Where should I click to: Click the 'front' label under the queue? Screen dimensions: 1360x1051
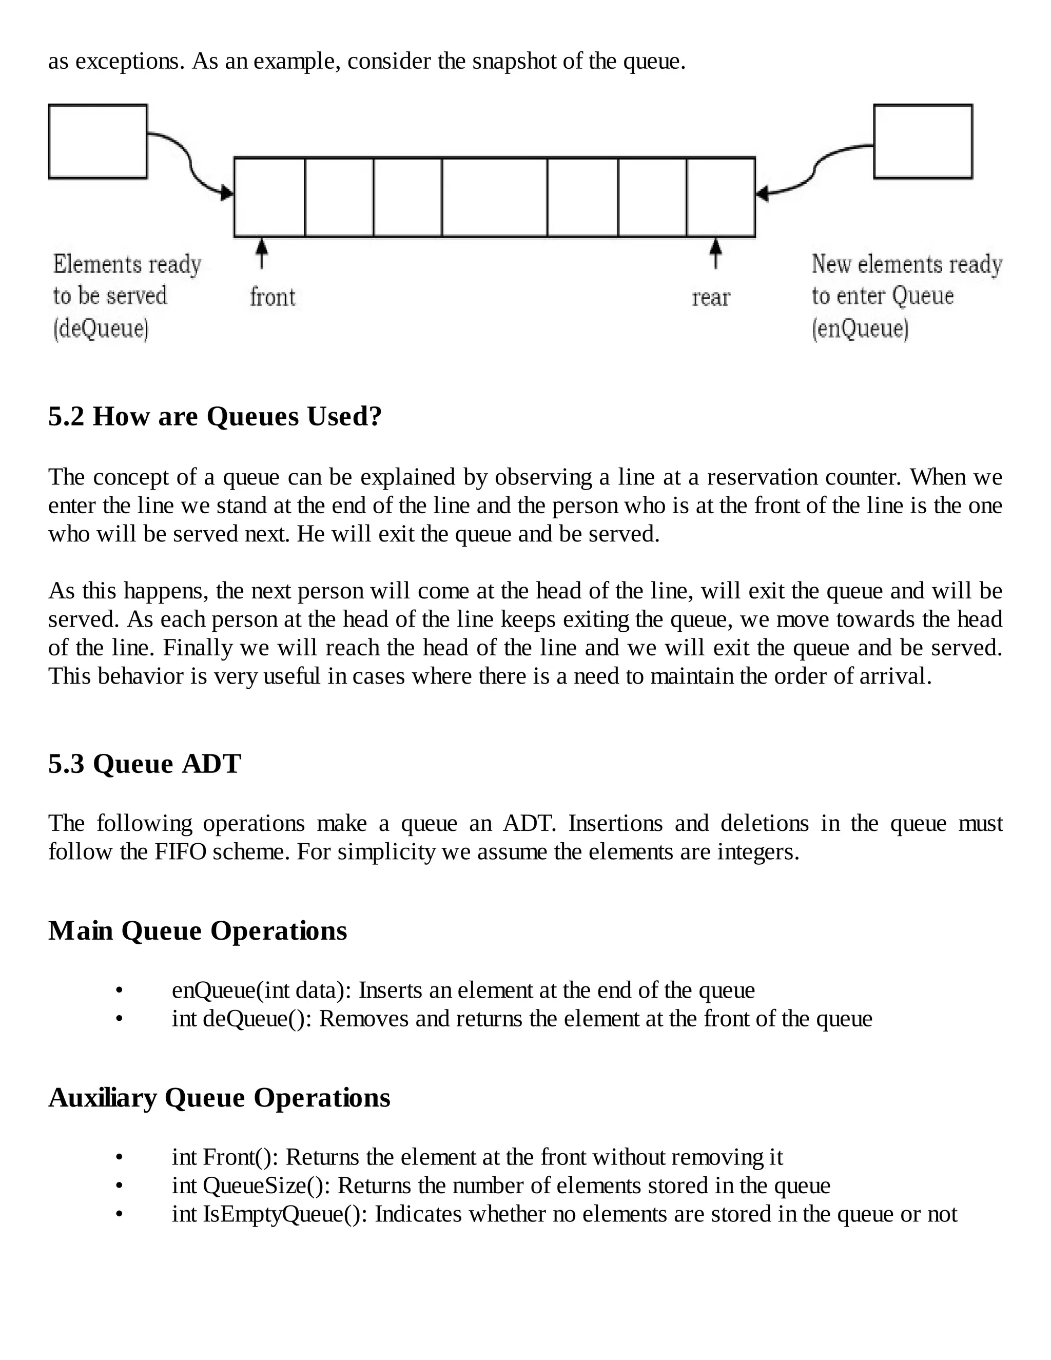coord(272,297)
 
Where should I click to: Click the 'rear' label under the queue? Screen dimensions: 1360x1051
coord(710,298)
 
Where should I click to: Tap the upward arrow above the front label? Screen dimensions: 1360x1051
coord(262,254)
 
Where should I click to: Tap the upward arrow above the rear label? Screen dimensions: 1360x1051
coord(716,254)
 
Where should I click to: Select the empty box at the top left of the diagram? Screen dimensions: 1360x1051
coord(98,141)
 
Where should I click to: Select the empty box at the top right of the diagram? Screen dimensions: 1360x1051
coord(923,141)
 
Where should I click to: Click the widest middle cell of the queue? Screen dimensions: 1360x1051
coord(494,197)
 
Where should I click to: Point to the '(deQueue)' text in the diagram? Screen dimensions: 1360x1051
coord(101,328)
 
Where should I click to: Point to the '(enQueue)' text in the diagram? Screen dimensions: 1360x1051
coord(860,328)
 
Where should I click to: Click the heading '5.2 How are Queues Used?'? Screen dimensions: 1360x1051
coord(215,416)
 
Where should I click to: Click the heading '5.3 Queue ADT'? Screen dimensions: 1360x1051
coord(144,764)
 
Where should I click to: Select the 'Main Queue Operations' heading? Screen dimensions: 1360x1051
coord(198,930)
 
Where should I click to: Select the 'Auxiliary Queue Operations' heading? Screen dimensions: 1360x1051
coord(219,1097)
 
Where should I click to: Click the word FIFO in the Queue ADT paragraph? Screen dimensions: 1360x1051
coord(180,851)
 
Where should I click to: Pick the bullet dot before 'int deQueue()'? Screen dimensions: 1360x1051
coord(119,1019)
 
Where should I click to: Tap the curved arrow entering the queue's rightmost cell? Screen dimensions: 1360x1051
coord(803,178)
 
